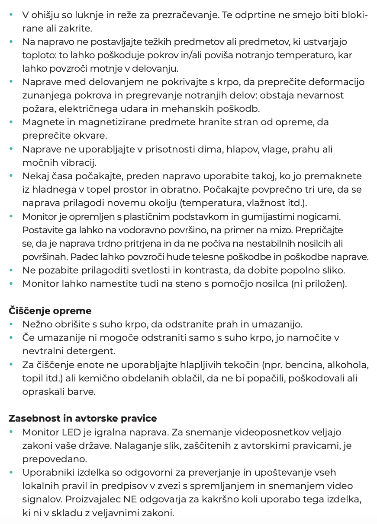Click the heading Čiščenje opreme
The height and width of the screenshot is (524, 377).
point(50,311)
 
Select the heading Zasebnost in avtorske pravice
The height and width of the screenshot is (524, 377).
point(83,419)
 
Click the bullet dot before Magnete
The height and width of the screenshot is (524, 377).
point(11,122)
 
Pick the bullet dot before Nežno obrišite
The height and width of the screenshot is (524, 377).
point(11,324)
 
